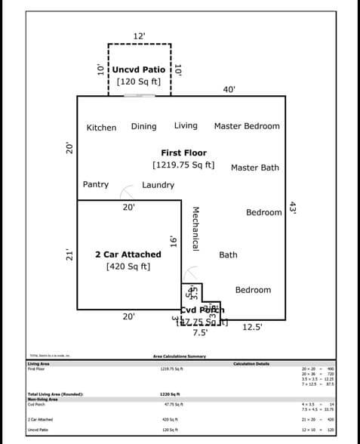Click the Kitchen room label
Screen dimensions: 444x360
(101, 128)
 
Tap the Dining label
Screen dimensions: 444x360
(143, 126)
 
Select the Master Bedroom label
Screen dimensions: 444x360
(247, 126)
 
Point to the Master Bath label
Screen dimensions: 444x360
(254, 168)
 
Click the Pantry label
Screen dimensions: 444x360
(96, 184)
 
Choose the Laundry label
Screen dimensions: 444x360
(158, 185)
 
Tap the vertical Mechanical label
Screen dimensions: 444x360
(195, 229)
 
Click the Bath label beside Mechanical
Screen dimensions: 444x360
(228, 255)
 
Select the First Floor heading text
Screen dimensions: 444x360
(183, 153)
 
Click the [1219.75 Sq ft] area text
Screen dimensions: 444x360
(183, 165)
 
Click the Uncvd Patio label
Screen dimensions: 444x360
(139, 69)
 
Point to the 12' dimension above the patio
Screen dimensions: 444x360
(139, 35)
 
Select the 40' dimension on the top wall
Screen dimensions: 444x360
(229, 89)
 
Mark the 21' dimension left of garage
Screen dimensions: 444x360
(69, 254)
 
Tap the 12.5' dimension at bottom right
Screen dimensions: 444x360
(253, 327)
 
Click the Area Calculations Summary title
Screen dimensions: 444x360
(179, 356)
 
